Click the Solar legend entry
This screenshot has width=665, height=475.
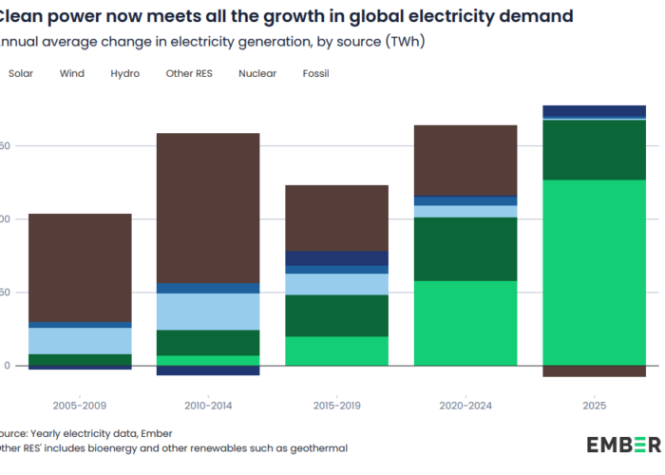pyautogui.click(x=20, y=73)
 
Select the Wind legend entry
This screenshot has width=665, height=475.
pyautogui.click(x=71, y=73)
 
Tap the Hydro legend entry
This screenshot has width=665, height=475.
pyautogui.click(x=124, y=73)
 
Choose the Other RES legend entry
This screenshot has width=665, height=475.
pyautogui.click(x=188, y=73)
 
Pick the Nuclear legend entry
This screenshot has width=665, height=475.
pyautogui.click(x=257, y=73)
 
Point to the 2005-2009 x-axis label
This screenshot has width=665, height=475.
pyautogui.click(x=80, y=405)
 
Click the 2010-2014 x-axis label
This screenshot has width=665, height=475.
pyautogui.click(x=208, y=405)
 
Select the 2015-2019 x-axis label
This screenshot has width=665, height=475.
pyautogui.click(x=337, y=405)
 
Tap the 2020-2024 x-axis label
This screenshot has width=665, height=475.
pyautogui.click(x=465, y=405)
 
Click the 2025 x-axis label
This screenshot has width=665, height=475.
pyautogui.click(x=594, y=405)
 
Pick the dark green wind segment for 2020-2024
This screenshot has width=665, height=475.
pyautogui.click(x=465, y=249)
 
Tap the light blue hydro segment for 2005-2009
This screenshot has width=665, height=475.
pyautogui.click(x=80, y=340)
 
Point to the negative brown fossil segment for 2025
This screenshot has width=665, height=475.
pyautogui.click(x=594, y=371)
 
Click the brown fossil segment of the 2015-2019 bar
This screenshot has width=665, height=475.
pyautogui.click(x=337, y=218)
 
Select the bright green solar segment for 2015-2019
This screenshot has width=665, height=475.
pyautogui.click(x=337, y=351)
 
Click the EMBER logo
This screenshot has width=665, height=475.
pyautogui.click(x=622, y=444)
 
